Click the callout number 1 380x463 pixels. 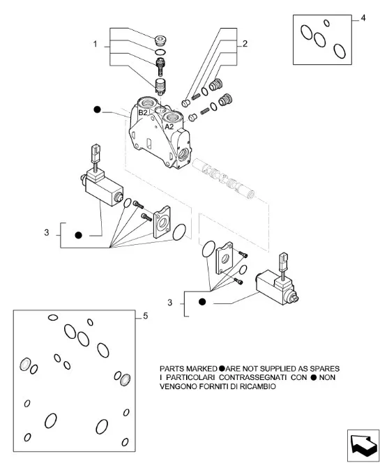pyautogui.click(x=95, y=45)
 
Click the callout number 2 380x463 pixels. pyautogui.click(x=245, y=44)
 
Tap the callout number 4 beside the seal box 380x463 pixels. pyautogui.click(x=363, y=18)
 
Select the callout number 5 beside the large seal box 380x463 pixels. pyautogui.click(x=145, y=317)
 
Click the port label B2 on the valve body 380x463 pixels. pyautogui.click(x=143, y=112)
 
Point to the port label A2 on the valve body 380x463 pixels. pyautogui.click(x=169, y=127)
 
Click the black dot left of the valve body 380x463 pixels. pyautogui.click(x=97, y=109)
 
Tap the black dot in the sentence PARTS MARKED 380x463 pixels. pyautogui.click(x=222, y=368)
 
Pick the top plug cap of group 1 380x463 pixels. pyautogui.click(x=160, y=40)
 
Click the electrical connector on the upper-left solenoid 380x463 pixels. pyautogui.click(x=96, y=153)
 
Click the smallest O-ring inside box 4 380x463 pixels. pyautogui.click(x=326, y=23)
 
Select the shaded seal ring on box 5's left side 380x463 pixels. pyautogui.click(x=25, y=364)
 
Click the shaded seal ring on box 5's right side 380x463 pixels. pyautogui.click(x=126, y=380)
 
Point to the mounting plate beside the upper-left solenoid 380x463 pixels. pyautogui.click(x=162, y=222)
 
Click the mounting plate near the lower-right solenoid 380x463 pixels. pyautogui.click(x=225, y=259)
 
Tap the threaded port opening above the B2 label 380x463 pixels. pyautogui.click(x=148, y=103)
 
